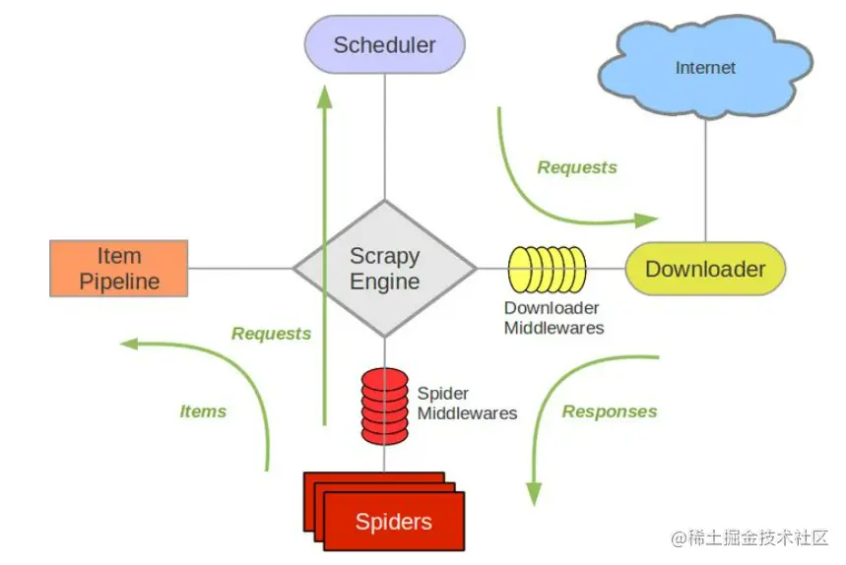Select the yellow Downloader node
point(705,269)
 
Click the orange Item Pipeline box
point(119,269)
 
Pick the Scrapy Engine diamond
point(384,269)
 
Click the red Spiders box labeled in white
point(394,521)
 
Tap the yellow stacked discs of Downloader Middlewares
point(548,269)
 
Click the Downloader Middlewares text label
point(553,318)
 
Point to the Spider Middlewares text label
point(467,403)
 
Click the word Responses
point(610,411)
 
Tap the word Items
point(203,411)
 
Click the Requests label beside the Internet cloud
point(577,167)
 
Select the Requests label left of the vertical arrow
point(271,334)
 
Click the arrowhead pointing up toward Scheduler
point(325,94)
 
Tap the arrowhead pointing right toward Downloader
point(647,220)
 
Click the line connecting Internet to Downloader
point(705,177)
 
